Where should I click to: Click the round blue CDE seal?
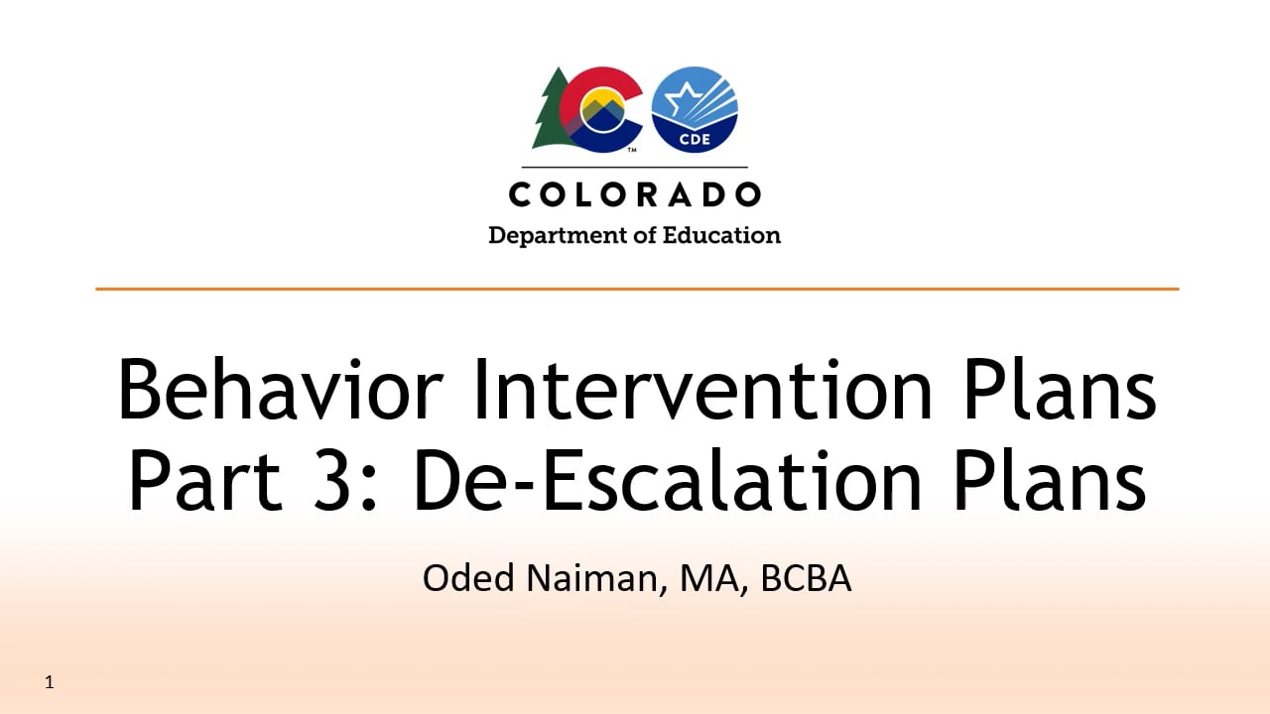click(x=695, y=110)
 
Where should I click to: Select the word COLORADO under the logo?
click(x=635, y=194)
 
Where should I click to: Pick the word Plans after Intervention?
click(x=1058, y=389)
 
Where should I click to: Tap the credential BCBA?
click(x=806, y=578)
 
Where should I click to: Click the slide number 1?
click(x=50, y=682)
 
